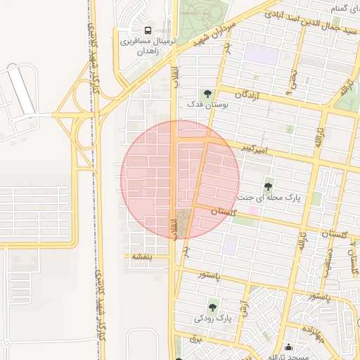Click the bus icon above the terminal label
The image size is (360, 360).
pyautogui.click(x=148, y=30)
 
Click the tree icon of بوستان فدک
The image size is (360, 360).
pyautogui.click(x=207, y=93)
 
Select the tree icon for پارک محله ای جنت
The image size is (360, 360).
pyautogui.click(x=268, y=186)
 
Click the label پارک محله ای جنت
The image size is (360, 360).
pyautogui.click(x=269, y=198)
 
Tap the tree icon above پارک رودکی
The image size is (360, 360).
pyautogui.click(x=212, y=307)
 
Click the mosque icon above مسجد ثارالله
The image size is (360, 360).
pyautogui.click(x=289, y=347)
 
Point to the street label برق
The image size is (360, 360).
pyautogui.click(x=197, y=338)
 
